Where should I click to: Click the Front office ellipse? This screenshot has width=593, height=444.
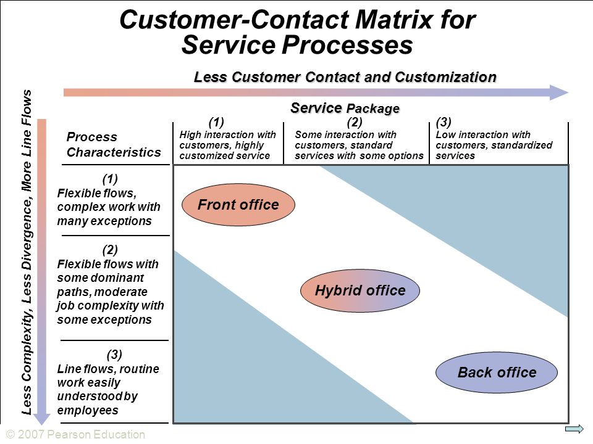pyautogui.click(x=238, y=205)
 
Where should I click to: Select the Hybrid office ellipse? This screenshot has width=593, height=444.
pyautogui.click(x=360, y=290)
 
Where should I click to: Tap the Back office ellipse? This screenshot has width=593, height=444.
pyautogui.click(x=497, y=372)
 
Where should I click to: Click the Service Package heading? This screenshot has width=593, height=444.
pyautogui.click(x=345, y=108)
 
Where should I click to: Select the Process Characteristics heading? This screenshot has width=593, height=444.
pyautogui.click(x=114, y=144)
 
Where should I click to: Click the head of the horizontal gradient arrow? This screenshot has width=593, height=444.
pyautogui.click(x=560, y=92)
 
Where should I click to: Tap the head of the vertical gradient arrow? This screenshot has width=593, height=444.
pyautogui.click(x=42, y=419)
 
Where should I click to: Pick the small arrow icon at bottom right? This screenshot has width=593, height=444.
pyautogui.click(x=574, y=429)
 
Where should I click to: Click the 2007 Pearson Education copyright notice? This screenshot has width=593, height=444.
pyautogui.click(x=75, y=435)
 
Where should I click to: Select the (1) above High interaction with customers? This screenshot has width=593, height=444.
pyautogui.click(x=216, y=122)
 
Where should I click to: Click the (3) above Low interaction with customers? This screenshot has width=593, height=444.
pyautogui.click(x=444, y=122)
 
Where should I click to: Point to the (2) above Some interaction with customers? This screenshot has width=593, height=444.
pyautogui.click(x=355, y=122)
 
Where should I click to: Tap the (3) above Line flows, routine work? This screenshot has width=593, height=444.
pyautogui.click(x=114, y=355)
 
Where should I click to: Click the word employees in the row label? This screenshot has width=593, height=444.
pyautogui.click(x=88, y=411)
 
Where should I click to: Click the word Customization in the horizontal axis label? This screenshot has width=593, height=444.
pyautogui.click(x=445, y=77)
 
